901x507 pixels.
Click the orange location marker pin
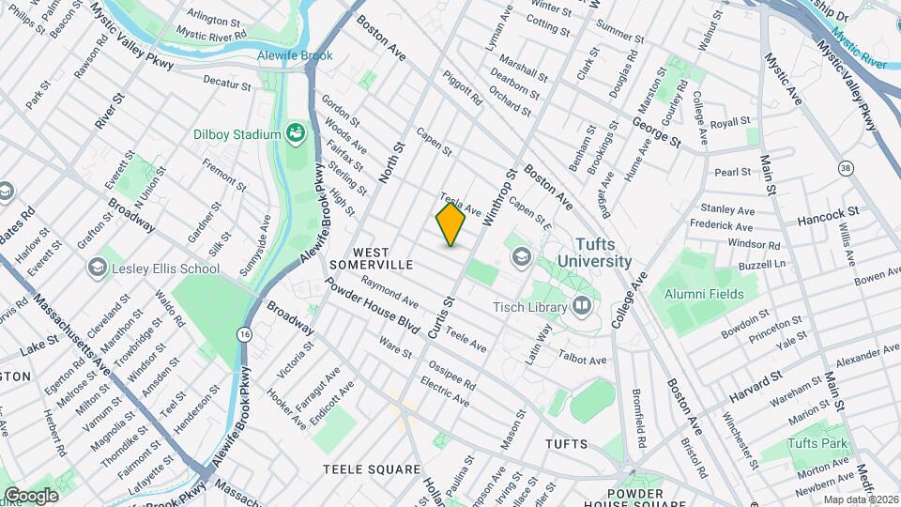pyautogui.click(x=450, y=224)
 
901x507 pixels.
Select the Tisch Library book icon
pyautogui.click(x=582, y=305)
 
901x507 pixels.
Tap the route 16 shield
pyautogui.click(x=244, y=334)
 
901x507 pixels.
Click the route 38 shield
pyautogui.click(x=846, y=167)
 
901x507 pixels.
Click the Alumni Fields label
pyautogui.click(x=704, y=294)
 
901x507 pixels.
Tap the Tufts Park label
pyautogui.click(x=817, y=443)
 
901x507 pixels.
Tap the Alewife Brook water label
pyautogui.click(x=295, y=55)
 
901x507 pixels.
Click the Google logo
pyautogui.click(x=31, y=496)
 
